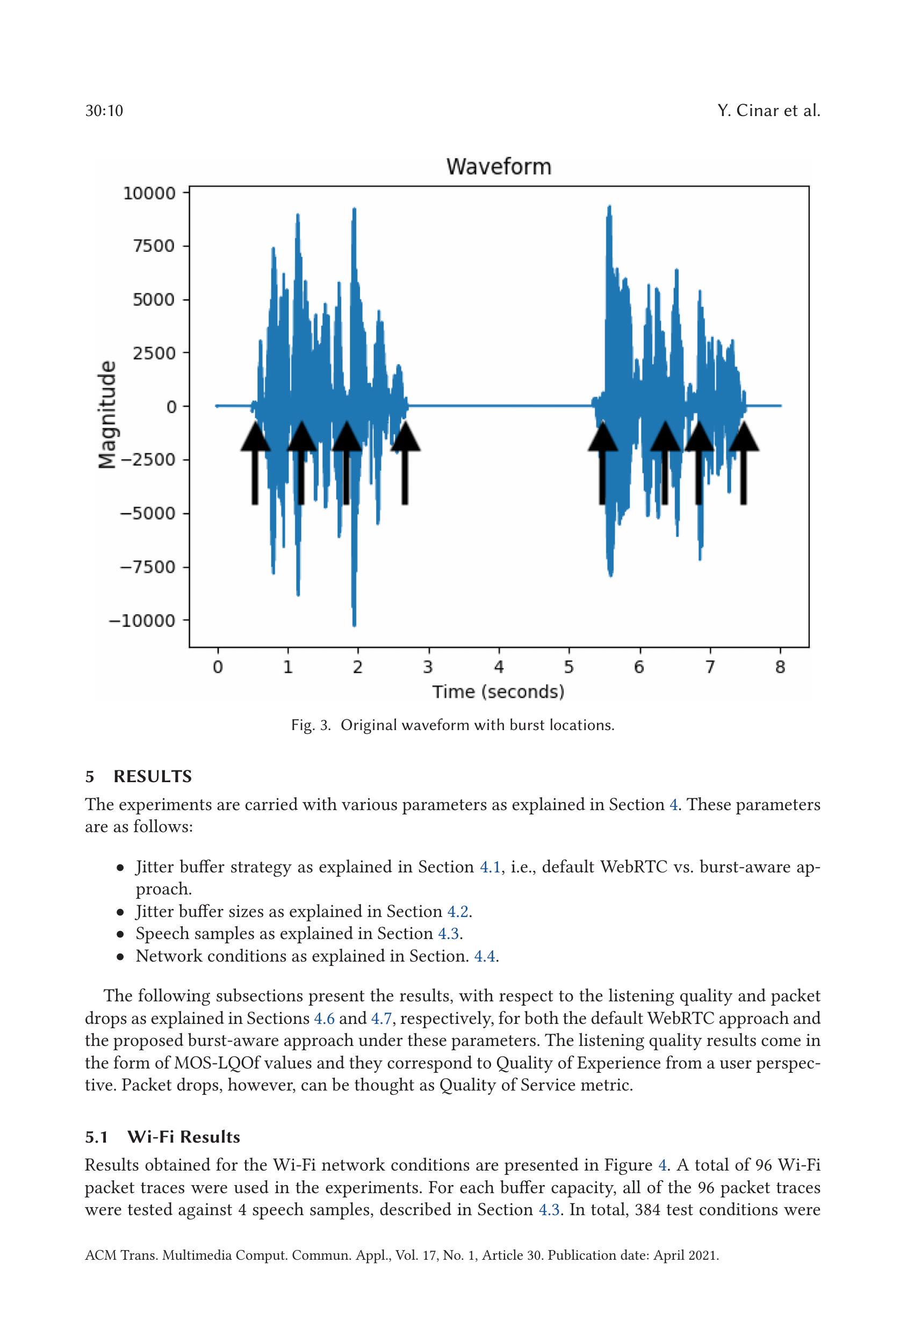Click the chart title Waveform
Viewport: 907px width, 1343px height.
click(498, 167)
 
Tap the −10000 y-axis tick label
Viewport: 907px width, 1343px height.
click(142, 620)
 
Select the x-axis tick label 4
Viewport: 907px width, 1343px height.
click(498, 667)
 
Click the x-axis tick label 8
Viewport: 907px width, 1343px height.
click(780, 667)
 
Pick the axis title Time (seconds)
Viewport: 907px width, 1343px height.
click(498, 692)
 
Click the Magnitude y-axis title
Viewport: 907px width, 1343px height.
click(107, 415)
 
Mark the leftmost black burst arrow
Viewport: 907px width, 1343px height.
click(255, 463)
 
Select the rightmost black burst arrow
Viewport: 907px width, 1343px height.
click(744, 463)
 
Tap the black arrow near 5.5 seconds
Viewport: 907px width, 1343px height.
click(602, 463)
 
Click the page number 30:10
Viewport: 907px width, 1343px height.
click(104, 111)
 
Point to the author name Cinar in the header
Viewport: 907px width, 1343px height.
click(758, 111)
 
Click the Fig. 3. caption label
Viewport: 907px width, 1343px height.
click(311, 725)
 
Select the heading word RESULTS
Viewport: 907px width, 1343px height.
click(153, 777)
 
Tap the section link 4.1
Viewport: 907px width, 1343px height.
click(490, 867)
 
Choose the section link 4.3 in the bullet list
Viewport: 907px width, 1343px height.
click(449, 934)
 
